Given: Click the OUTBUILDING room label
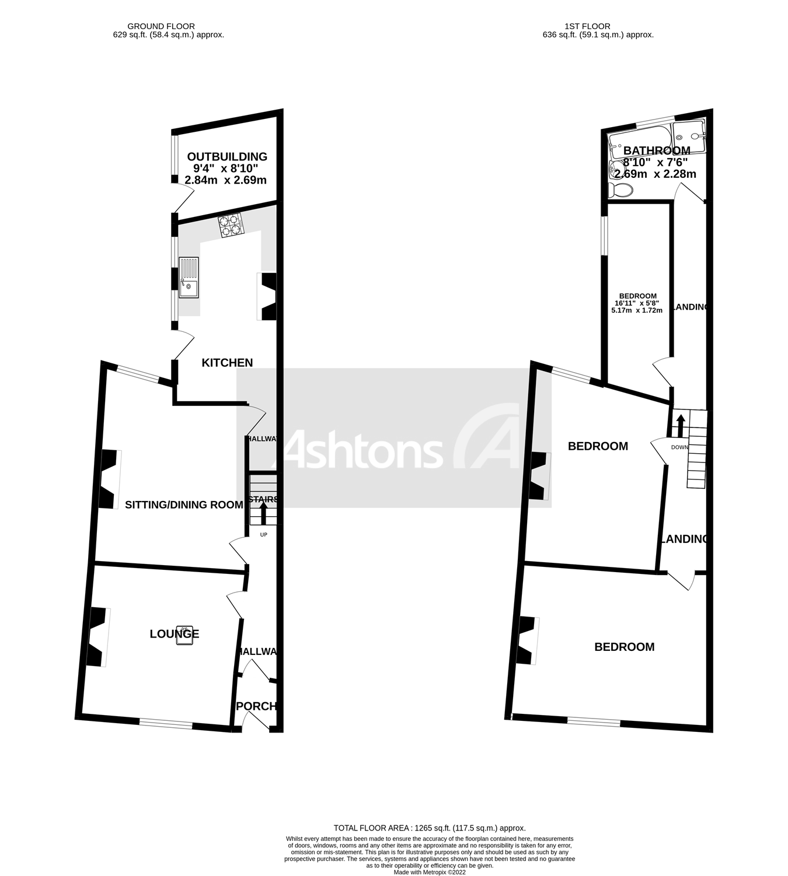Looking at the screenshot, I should (227, 156).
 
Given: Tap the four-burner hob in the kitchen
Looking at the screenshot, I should (230, 225).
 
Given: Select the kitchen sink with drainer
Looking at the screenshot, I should (189, 278).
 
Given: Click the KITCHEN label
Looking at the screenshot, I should (227, 363).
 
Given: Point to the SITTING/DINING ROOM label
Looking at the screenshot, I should (184, 504).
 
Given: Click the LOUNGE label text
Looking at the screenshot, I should (174, 634).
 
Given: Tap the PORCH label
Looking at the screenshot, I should (256, 706).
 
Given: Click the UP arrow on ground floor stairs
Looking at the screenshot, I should (263, 514).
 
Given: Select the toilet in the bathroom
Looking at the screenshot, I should (620, 190).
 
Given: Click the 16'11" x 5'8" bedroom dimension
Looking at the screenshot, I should (638, 303).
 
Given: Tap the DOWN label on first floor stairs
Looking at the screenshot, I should (679, 447).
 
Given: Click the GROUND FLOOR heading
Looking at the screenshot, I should (161, 26).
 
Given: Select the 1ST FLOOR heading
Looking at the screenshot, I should (587, 26).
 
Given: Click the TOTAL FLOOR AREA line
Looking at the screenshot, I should (430, 828).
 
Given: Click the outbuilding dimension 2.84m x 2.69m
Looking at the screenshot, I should (225, 180).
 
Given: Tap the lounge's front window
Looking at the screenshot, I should (166, 724).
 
